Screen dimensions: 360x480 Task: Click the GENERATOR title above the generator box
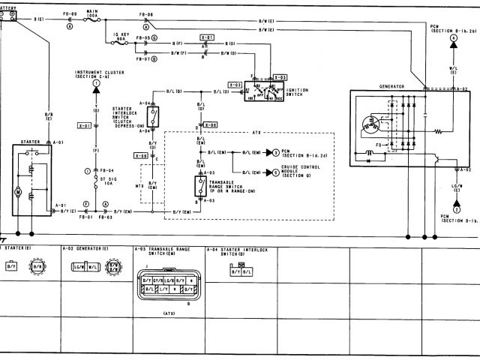click(x=391, y=86)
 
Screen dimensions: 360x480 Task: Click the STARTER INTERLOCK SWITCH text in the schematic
click(x=128, y=115)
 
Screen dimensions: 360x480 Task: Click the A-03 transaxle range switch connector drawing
click(x=169, y=289)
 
